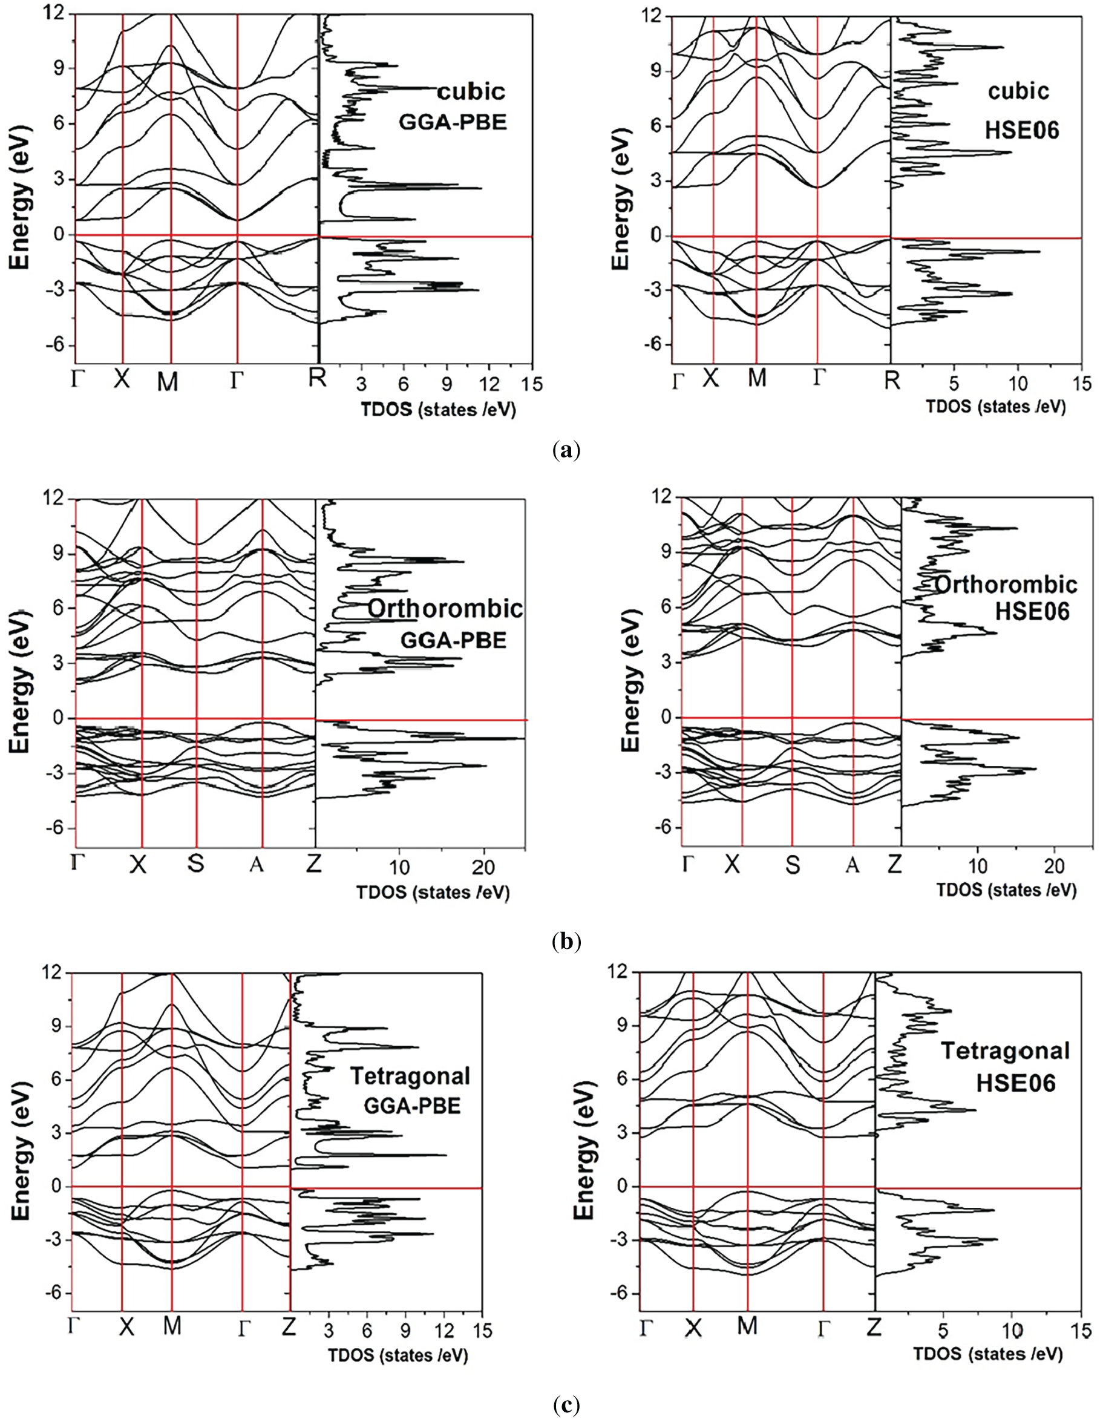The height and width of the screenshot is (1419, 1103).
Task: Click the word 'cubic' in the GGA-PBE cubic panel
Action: click(471, 91)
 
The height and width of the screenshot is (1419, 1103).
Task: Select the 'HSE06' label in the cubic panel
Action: click(1022, 130)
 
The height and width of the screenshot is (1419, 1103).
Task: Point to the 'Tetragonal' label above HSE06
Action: click(1005, 1050)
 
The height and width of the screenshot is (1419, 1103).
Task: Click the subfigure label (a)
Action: click(564, 450)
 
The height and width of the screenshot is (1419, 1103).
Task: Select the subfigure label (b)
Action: click(564, 942)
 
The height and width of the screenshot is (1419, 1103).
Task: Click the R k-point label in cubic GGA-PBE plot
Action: click(317, 379)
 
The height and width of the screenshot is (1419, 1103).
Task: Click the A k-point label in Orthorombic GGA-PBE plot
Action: click(257, 866)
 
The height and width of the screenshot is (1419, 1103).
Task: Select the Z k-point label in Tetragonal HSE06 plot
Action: click(874, 1325)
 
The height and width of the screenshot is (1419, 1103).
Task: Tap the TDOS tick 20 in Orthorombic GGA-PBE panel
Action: click(483, 870)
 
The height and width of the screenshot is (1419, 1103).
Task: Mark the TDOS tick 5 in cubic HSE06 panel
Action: click(954, 381)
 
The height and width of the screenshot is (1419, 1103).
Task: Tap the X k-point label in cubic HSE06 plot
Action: click(712, 379)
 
